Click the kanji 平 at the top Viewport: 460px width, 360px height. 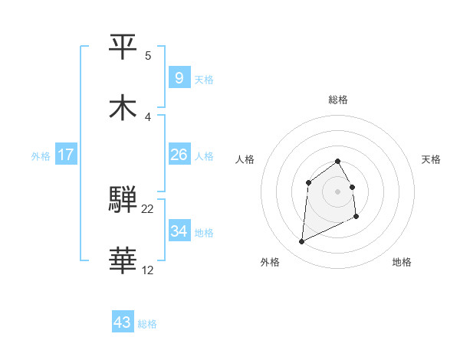point(123,46)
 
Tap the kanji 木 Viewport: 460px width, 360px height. point(123,108)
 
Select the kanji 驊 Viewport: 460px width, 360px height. point(123,201)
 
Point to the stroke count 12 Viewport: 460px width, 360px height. point(148,270)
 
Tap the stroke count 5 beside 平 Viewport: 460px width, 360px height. point(148,55)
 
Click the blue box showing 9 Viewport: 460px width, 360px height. point(179,77)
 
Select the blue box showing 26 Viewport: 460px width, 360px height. point(179,155)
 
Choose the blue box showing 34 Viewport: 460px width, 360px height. point(179,231)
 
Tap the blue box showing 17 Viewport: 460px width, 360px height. point(65,155)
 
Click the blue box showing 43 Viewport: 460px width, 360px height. point(122,322)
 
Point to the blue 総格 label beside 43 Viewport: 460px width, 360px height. point(147,324)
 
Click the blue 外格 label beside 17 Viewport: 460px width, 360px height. point(41,156)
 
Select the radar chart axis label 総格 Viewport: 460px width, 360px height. point(338,100)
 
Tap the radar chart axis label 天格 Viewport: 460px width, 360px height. point(431,159)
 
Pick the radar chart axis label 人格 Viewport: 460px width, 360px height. point(245,159)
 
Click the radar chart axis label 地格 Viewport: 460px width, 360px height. point(402,262)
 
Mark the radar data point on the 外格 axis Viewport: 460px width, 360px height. point(301,242)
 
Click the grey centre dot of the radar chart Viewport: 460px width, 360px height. point(338,191)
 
